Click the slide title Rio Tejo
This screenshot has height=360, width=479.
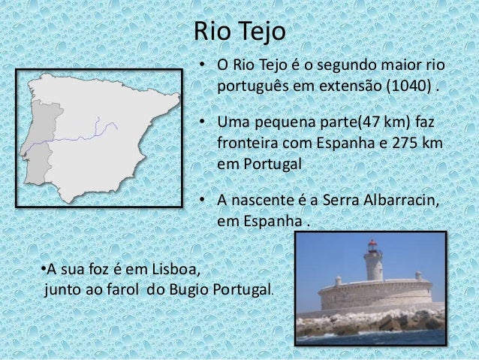239,32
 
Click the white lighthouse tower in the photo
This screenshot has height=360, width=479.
372,266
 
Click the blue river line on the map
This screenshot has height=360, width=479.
83,138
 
